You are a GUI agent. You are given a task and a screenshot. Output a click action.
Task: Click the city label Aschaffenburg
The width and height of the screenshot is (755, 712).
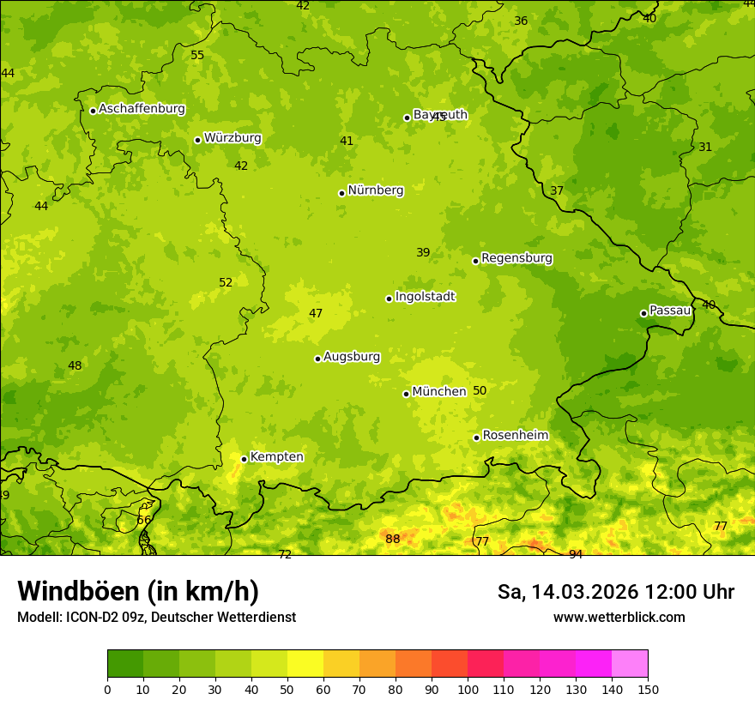tap(142, 109)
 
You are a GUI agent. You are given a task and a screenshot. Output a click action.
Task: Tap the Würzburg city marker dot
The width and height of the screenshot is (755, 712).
tap(197, 140)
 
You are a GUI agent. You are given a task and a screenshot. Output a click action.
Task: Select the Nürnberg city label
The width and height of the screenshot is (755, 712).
tap(375, 190)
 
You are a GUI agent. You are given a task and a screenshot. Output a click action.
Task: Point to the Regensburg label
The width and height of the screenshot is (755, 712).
tap(516, 258)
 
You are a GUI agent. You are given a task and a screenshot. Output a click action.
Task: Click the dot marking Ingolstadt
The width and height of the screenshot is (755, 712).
tap(389, 299)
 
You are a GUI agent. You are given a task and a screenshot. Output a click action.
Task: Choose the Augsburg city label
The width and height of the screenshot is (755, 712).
tap(352, 357)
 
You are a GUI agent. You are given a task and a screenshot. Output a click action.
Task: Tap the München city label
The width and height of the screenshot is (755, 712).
tap(438, 392)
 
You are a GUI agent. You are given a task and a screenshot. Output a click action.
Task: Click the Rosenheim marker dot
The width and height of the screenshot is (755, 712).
tap(476, 437)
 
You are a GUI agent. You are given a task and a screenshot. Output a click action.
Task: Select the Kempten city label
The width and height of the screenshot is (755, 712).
tap(276, 457)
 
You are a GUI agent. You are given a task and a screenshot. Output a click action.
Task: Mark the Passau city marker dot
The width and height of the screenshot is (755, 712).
tap(643, 313)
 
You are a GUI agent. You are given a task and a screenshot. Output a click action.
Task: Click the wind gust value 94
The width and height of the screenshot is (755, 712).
tap(576, 554)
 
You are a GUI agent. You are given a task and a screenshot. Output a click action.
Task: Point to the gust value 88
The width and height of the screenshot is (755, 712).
tap(392, 539)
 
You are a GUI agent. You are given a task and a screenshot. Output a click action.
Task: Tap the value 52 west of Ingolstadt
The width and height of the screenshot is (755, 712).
tap(226, 282)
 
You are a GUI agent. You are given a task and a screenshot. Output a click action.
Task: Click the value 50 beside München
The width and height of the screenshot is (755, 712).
tap(480, 390)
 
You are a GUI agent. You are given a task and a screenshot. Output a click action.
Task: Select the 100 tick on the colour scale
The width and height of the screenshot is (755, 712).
tap(468, 689)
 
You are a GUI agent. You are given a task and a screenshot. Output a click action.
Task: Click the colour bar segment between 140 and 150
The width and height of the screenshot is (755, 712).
tap(630, 664)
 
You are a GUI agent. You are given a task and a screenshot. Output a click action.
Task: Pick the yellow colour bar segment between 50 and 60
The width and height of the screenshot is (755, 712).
tap(305, 664)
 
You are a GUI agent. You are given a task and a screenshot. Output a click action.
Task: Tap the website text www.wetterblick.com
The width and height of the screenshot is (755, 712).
tap(619, 617)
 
